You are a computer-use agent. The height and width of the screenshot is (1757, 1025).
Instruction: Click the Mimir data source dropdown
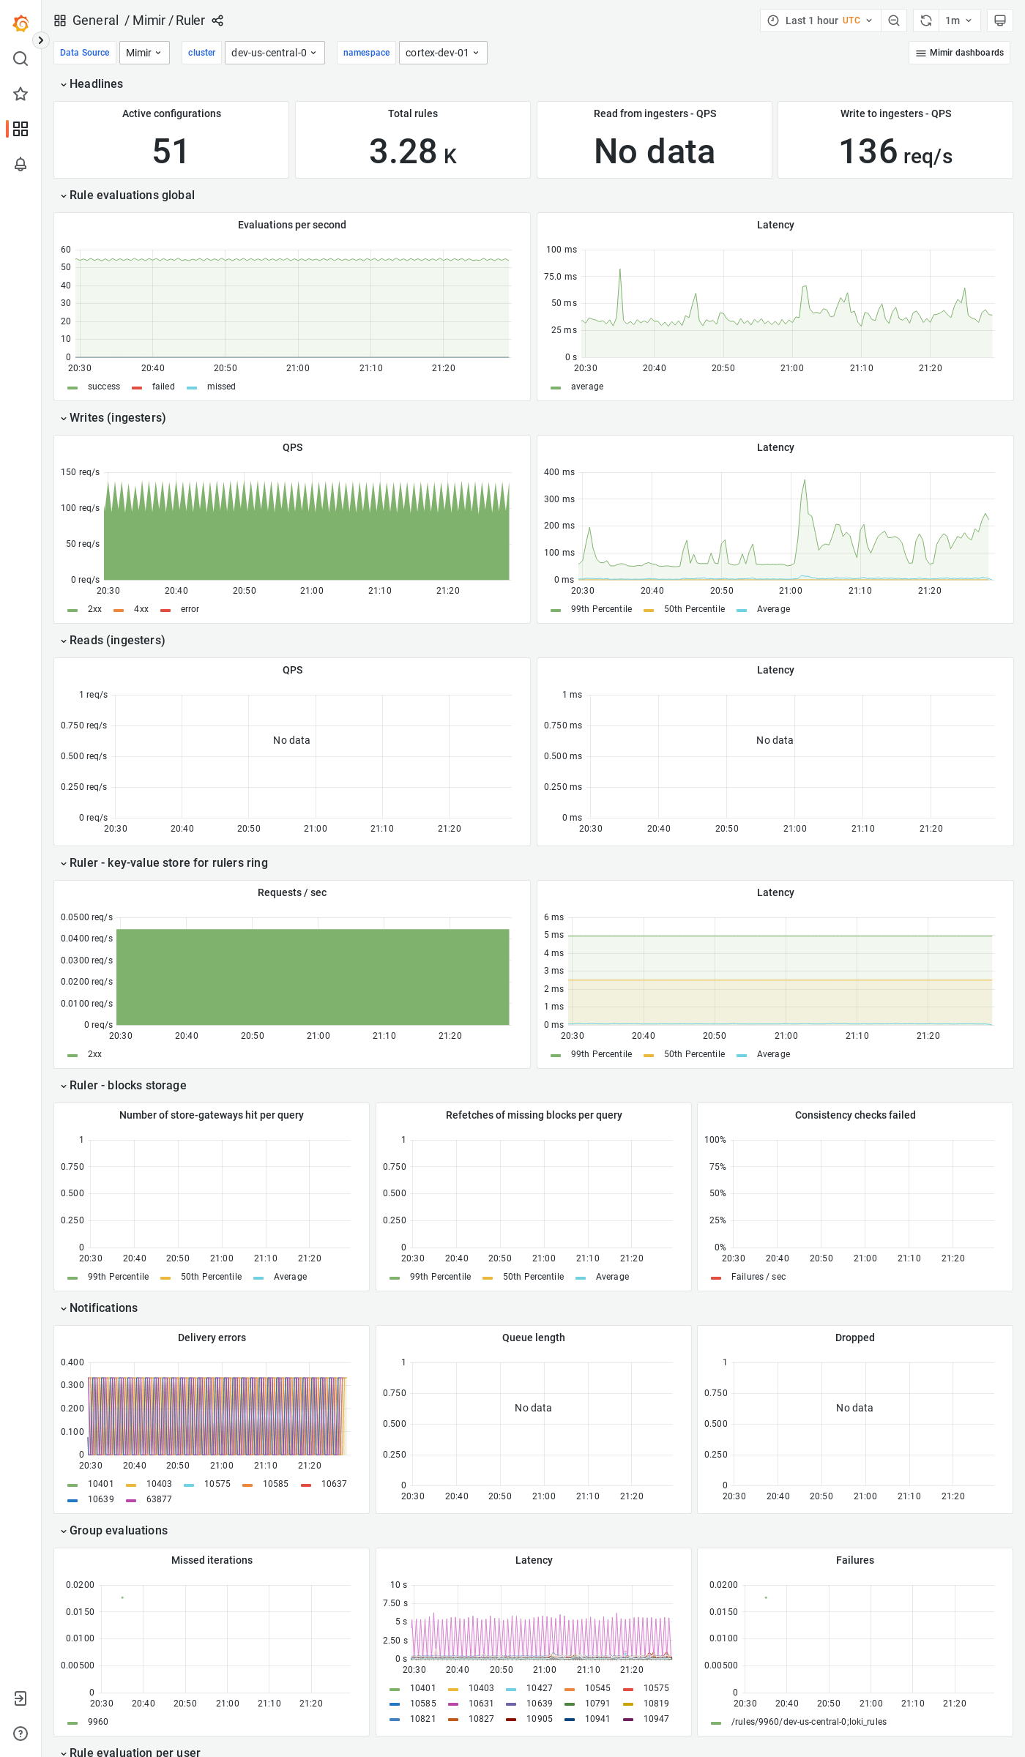(143, 53)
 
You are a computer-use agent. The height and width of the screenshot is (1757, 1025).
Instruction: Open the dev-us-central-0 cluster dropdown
(274, 53)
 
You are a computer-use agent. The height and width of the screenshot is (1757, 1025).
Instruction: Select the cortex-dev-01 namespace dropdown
(442, 53)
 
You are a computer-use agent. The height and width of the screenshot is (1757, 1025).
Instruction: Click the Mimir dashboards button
(959, 53)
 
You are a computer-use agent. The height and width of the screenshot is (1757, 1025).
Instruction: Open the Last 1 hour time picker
(820, 20)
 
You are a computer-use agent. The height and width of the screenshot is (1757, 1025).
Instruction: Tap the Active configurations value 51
(171, 152)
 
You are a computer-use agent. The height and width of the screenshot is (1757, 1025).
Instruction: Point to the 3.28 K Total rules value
(412, 152)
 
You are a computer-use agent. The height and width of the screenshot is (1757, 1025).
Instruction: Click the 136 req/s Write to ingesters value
(895, 152)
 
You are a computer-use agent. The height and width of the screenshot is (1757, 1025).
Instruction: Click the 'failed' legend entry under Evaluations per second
(163, 387)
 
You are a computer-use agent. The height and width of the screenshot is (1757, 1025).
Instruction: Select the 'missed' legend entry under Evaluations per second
(220, 387)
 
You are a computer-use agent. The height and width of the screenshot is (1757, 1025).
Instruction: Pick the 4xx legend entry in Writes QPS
(141, 609)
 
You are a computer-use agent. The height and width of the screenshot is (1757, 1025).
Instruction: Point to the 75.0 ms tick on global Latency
(560, 277)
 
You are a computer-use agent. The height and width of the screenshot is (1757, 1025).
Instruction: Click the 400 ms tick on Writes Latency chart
(559, 472)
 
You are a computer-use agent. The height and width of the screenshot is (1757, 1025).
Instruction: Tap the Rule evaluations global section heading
(132, 195)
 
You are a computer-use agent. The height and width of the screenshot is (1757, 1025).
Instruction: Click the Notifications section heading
(103, 1308)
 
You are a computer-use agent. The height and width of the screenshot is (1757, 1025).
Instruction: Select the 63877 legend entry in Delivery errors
(158, 1499)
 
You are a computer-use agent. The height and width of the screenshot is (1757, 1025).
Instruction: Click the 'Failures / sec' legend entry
(758, 1277)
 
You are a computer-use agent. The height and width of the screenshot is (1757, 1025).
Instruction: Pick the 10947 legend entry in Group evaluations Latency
(655, 1719)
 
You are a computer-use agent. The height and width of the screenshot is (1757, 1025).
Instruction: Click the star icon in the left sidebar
(20, 94)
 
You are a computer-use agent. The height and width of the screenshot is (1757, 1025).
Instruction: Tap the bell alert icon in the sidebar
(20, 164)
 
